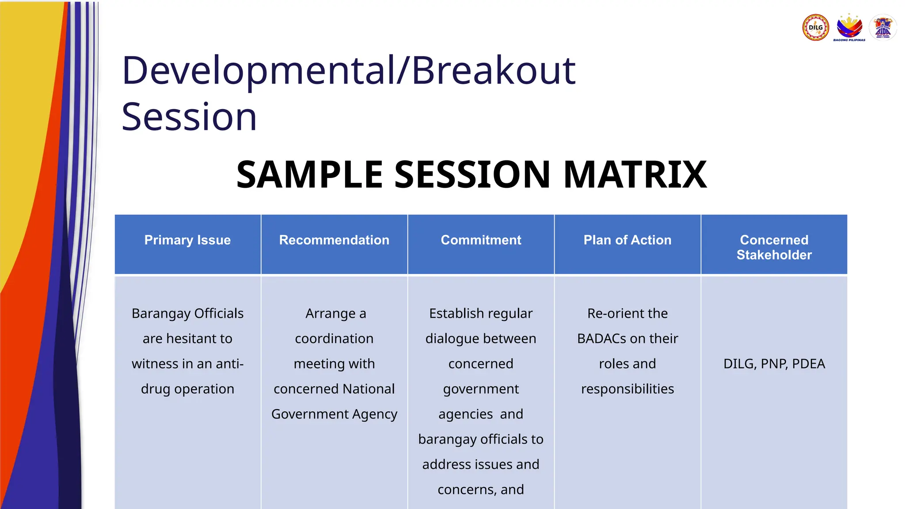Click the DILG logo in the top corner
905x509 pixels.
click(x=815, y=27)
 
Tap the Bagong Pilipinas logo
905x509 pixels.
click(x=849, y=27)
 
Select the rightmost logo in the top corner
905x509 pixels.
click(x=883, y=27)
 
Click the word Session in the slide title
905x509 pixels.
click(x=189, y=117)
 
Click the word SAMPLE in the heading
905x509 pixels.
click(x=309, y=175)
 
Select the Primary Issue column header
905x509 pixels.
click(x=187, y=240)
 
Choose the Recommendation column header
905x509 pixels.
click(x=334, y=240)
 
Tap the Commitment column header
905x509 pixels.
click(x=481, y=240)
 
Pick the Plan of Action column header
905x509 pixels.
click(x=627, y=240)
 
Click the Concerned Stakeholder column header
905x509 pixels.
click(x=774, y=247)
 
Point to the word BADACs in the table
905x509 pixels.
click(x=601, y=338)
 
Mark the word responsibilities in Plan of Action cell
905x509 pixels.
click(x=627, y=389)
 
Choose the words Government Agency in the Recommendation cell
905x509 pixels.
click(x=334, y=414)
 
